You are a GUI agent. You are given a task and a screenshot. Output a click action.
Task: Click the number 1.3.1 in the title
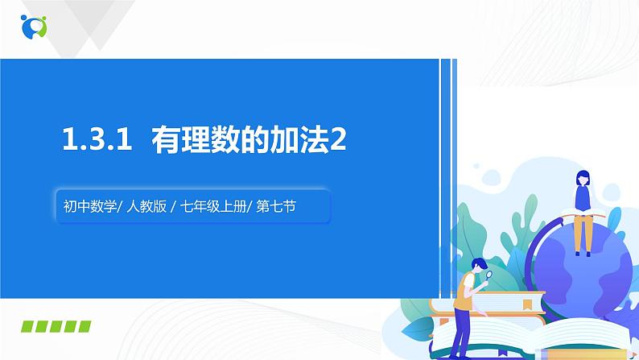pyautogui.click(x=96, y=141)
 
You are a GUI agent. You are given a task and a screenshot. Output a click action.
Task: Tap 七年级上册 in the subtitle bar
pyautogui.click(x=212, y=207)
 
